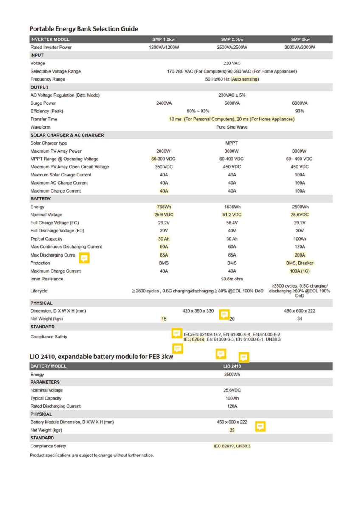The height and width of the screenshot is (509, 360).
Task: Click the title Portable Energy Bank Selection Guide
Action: pos(84,29)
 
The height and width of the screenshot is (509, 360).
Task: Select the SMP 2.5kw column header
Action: pos(231,39)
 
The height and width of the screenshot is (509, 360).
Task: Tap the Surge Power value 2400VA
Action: pos(163,103)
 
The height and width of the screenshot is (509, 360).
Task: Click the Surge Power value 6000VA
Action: pos(299,103)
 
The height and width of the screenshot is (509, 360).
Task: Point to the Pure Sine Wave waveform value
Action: pos(231,127)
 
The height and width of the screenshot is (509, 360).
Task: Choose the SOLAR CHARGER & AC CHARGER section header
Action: pos(67,135)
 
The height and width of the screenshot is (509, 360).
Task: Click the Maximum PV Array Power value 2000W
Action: pos(163,151)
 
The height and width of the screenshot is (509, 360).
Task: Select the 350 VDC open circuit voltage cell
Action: pos(163,167)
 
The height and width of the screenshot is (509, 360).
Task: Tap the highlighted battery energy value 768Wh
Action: pos(163,207)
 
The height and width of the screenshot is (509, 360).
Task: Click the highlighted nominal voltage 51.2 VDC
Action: pos(231,215)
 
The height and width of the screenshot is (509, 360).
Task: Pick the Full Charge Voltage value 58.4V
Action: pos(231,223)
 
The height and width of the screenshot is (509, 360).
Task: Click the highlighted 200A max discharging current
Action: pos(299,255)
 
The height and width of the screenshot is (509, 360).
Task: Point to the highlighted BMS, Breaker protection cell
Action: pos(299,263)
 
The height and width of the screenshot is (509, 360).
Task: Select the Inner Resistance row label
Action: pos(47,279)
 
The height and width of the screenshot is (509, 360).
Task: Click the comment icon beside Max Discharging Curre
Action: pos(84,257)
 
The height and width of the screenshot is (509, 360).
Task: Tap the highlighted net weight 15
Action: pos(163,319)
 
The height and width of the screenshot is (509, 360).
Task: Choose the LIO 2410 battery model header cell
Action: pos(232,366)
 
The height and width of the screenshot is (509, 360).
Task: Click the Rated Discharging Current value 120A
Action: pos(232,406)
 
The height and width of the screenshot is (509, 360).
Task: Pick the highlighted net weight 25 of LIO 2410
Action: pos(232,430)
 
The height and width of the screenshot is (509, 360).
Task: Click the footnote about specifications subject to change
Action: pos(91,456)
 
